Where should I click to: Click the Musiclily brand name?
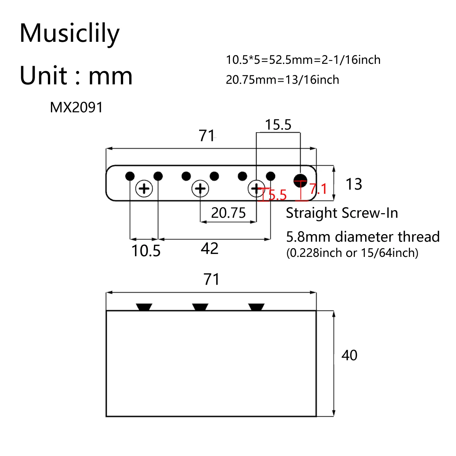coord(70,33)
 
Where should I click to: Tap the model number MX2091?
coord(76,108)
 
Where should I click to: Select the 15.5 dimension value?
coord(278,125)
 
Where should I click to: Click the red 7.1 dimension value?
coord(318,188)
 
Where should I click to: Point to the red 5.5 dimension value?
coord(277,195)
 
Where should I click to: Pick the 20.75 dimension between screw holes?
coord(228,213)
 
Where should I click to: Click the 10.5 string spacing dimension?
coord(146,251)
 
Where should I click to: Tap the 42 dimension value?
coord(210,249)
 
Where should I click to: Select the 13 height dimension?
coord(354,184)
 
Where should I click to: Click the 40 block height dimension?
coord(349,355)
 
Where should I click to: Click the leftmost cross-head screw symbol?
coord(144,188)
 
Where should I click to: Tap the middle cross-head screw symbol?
coord(200,188)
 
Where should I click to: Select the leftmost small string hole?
coord(130,176)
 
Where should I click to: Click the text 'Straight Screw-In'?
coord(342,213)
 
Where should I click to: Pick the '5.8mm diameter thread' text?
coord(363,237)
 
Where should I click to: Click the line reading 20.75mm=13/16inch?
coord(282,80)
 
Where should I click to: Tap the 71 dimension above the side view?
coord(211,280)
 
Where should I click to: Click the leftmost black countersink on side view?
coord(144,307)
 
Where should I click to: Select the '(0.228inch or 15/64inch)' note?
coord(352,253)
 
